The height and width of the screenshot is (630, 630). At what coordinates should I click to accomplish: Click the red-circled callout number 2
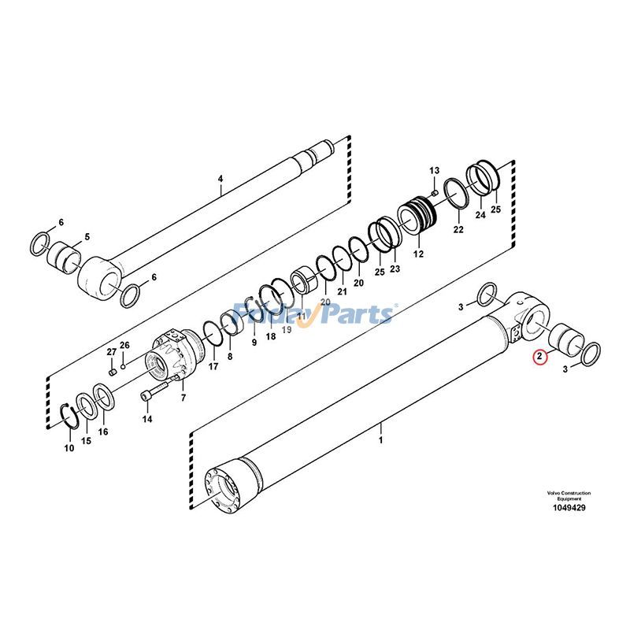tap(539, 357)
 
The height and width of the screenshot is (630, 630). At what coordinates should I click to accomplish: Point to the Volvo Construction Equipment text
tap(569, 496)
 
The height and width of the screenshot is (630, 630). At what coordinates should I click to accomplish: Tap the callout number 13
tap(433, 171)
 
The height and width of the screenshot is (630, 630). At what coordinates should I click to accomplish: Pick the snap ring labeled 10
tap(70, 414)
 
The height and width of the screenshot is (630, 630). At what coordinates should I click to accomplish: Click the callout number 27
tap(111, 351)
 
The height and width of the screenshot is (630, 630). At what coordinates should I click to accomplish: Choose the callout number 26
tap(124, 345)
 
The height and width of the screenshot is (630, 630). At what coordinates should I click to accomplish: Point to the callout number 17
tap(213, 366)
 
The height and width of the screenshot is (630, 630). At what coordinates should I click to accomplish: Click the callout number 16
tap(103, 432)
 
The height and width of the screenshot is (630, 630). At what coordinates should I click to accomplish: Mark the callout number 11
tap(300, 302)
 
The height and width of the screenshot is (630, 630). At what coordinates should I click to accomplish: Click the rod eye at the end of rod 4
tap(99, 277)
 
